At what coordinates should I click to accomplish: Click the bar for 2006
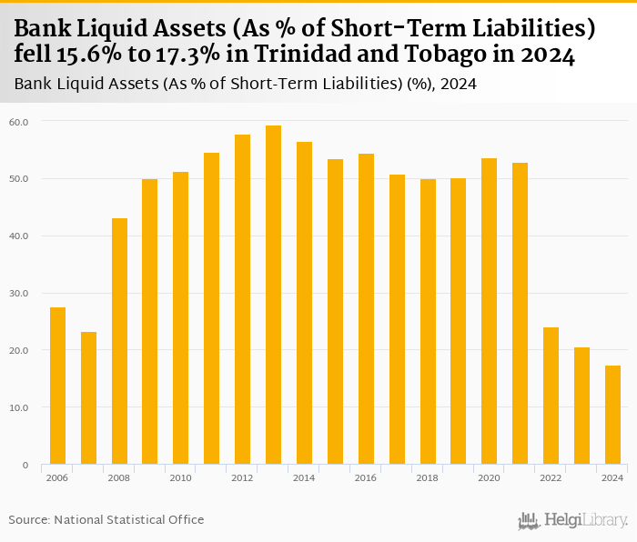pos(57,386)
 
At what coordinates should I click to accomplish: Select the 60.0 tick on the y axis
pos(18,121)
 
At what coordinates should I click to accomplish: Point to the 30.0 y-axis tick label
pos(18,293)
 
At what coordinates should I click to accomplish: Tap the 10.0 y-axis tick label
pos(18,407)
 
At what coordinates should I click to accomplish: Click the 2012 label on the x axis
pos(242,477)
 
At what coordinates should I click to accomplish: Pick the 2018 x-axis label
pos(427,477)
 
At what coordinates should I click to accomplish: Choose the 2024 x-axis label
pos(612,477)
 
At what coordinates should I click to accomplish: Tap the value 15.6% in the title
pos(89,55)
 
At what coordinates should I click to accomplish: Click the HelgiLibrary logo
pos(573,520)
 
